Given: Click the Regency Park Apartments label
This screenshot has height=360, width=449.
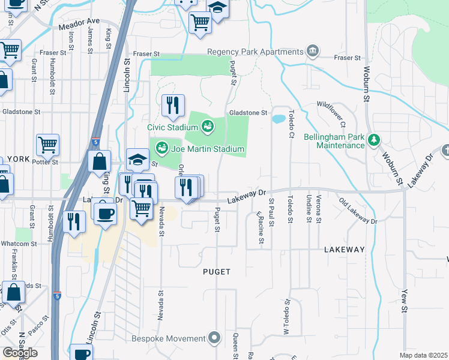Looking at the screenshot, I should point(255,52).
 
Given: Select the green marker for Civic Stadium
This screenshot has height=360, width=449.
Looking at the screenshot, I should point(207,127).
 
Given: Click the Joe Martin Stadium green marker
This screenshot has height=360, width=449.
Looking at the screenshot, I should point(161,148).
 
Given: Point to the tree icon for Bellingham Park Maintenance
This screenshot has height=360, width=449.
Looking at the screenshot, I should point(375,140).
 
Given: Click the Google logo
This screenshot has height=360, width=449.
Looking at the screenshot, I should point(20,353).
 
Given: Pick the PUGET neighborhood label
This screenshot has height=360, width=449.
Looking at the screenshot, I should point(217,272).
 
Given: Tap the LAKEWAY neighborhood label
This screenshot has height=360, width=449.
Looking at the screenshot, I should point(344,249).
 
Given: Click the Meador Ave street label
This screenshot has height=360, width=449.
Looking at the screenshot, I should point(79,22).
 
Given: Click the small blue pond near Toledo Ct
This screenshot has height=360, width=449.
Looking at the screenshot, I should point(279,119).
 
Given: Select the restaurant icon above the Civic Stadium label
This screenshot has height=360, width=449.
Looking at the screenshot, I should point(173,106).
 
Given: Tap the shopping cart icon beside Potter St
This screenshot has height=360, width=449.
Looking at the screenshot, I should point(47,144).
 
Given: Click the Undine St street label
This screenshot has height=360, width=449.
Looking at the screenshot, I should point(309,208).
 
